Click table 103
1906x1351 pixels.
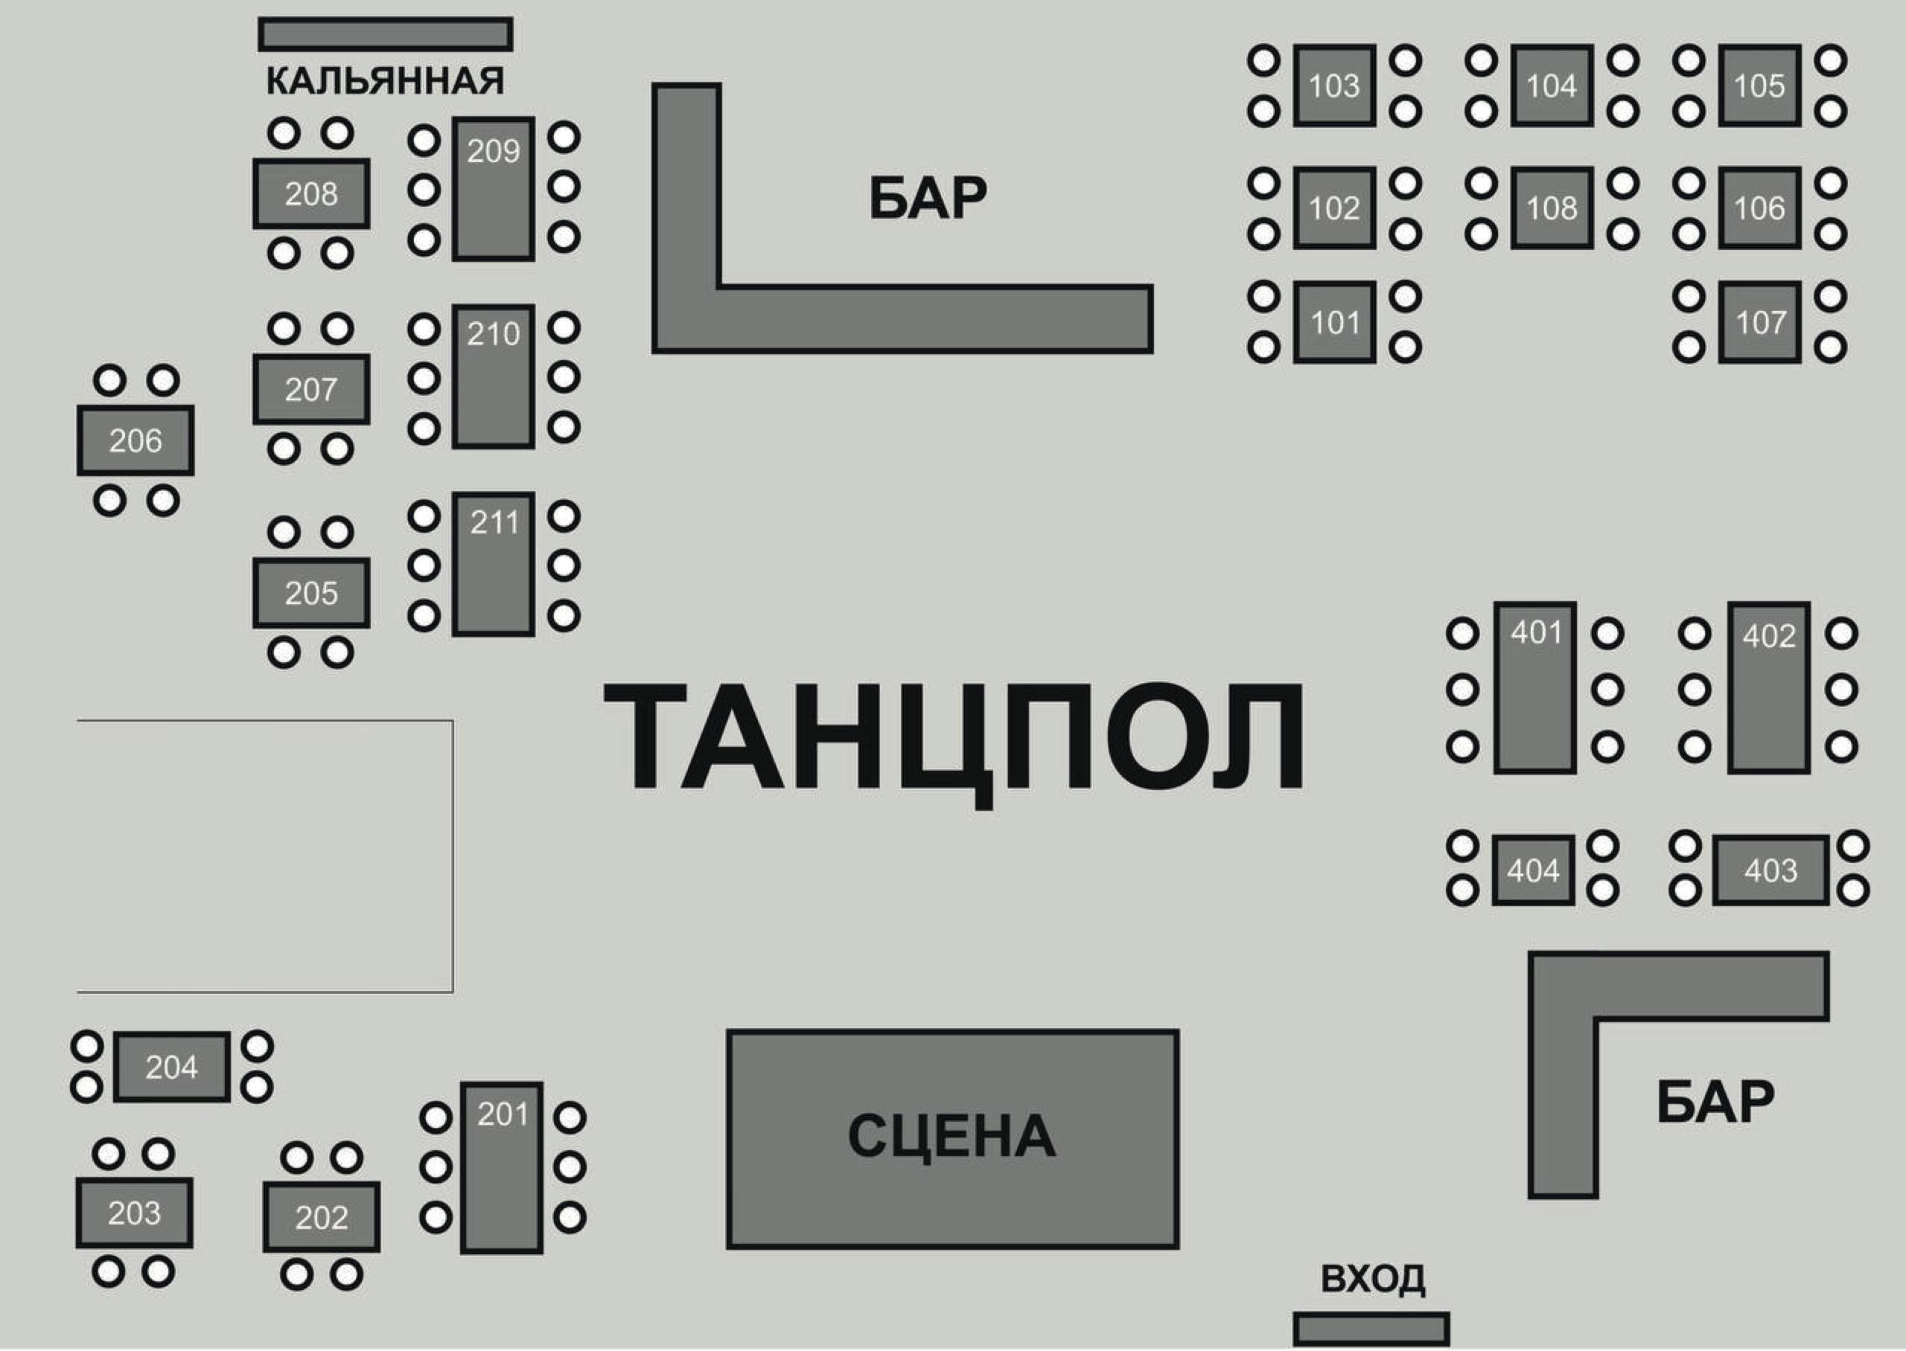click(x=1333, y=86)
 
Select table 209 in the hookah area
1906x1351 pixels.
click(x=493, y=189)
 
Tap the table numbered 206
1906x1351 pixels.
click(x=136, y=440)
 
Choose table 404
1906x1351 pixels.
click(x=1532, y=870)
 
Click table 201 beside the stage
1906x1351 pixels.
click(x=502, y=1167)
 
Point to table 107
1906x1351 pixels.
click(x=1759, y=322)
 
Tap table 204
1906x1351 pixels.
click(x=171, y=1067)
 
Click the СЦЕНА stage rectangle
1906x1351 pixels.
click(x=952, y=1139)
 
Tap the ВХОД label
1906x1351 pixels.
click(x=1371, y=1280)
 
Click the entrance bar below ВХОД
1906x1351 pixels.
click(x=1371, y=1329)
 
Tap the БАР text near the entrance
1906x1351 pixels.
click(x=1715, y=1102)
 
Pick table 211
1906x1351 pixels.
click(x=493, y=564)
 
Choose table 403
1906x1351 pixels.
click(x=1770, y=870)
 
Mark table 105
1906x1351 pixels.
click(x=1759, y=86)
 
